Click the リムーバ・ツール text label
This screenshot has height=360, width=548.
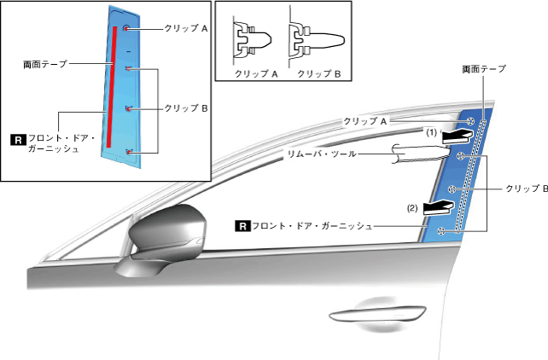point(321,154)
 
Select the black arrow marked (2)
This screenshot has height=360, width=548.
point(440,206)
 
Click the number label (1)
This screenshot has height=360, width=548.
point(433,132)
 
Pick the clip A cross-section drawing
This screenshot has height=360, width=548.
point(254,39)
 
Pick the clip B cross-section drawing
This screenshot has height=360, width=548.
point(317,39)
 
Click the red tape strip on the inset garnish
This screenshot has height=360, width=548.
point(112,85)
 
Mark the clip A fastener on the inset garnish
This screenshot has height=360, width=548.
point(126,28)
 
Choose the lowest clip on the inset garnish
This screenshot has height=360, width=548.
point(128,152)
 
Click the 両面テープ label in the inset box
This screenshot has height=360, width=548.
point(46,64)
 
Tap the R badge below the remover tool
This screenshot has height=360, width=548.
point(242,226)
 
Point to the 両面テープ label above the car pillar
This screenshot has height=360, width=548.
point(483,67)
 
